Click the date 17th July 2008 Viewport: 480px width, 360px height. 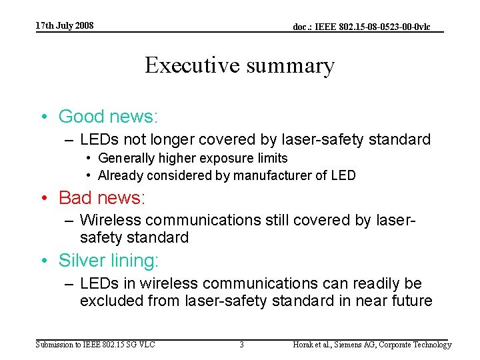point(65,26)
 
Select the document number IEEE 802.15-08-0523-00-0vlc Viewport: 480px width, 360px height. point(361,27)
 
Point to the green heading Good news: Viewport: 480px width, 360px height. point(108,117)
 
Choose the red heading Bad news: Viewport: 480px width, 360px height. point(102,198)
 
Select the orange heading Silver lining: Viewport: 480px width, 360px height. point(109,260)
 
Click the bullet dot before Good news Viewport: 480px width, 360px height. point(45,117)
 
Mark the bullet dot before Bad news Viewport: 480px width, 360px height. point(45,199)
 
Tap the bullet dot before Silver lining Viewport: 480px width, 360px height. point(45,261)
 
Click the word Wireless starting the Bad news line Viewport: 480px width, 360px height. point(111,220)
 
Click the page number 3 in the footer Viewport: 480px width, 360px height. point(241,345)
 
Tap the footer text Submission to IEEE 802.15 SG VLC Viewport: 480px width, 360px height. point(95,345)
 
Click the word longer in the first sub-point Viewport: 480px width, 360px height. point(163,140)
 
